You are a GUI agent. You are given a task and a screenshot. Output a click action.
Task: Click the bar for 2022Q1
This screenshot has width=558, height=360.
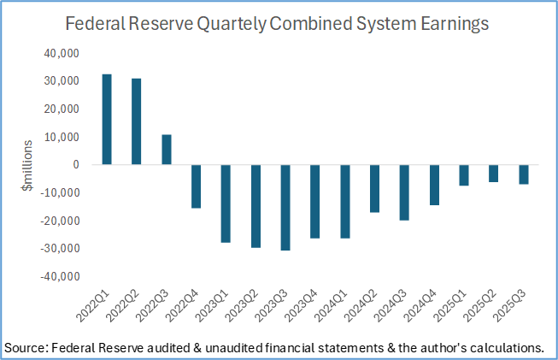click(107, 119)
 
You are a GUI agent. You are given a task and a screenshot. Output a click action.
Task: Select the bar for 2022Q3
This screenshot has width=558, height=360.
click(167, 150)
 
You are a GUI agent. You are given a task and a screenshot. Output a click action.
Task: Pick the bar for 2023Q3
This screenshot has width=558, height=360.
click(285, 207)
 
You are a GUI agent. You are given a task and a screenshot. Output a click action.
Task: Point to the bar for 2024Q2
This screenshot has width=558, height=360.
click(374, 188)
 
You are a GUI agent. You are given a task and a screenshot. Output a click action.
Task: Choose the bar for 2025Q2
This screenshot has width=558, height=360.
click(493, 173)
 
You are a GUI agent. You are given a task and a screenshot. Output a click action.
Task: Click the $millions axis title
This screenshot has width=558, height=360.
click(27, 166)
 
